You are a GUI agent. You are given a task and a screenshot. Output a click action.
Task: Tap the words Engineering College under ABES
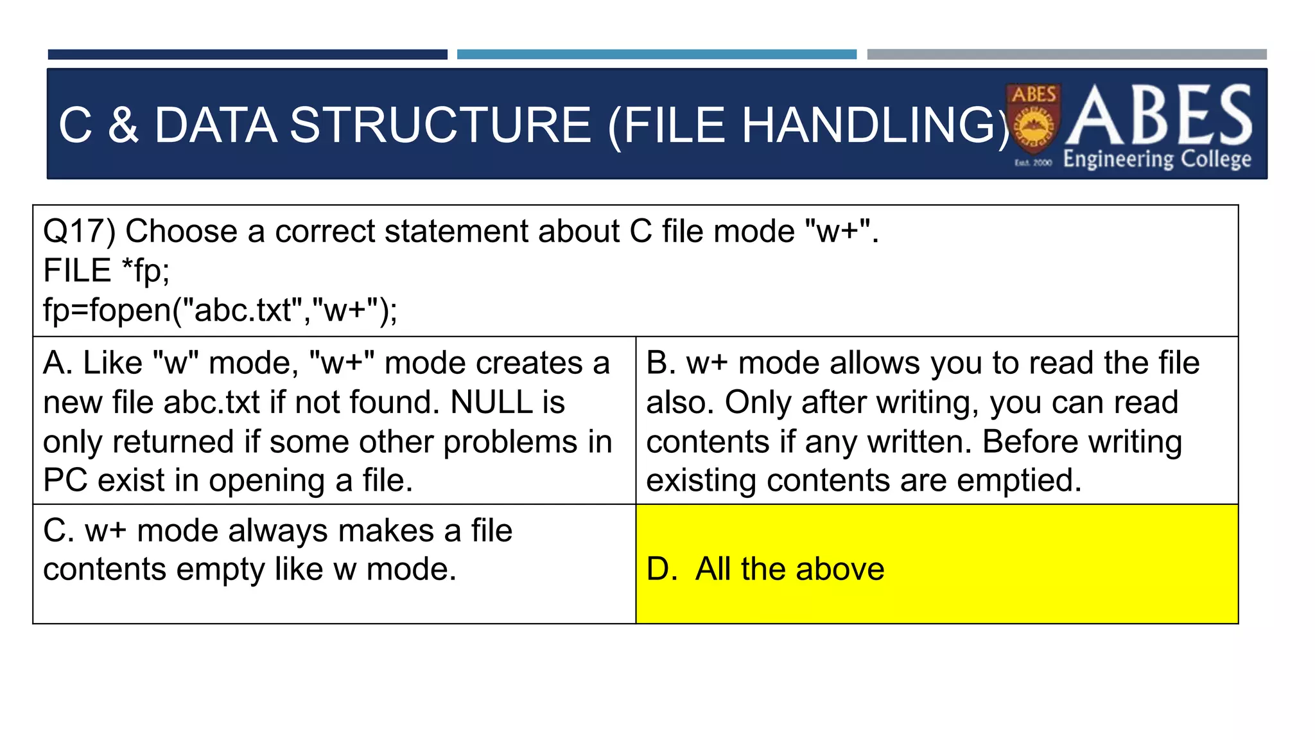point(1157,159)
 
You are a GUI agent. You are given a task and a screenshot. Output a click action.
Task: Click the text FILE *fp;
point(106,270)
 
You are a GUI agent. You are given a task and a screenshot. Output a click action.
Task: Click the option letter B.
point(659,364)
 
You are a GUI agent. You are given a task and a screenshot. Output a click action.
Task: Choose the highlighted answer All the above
point(789,569)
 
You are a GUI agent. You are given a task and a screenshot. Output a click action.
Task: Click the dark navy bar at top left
point(247,55)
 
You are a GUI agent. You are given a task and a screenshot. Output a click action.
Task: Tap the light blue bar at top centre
point(656,55)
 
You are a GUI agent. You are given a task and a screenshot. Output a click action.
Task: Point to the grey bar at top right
point(1067,55)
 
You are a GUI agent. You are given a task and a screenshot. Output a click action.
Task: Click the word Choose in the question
point(181,231)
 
